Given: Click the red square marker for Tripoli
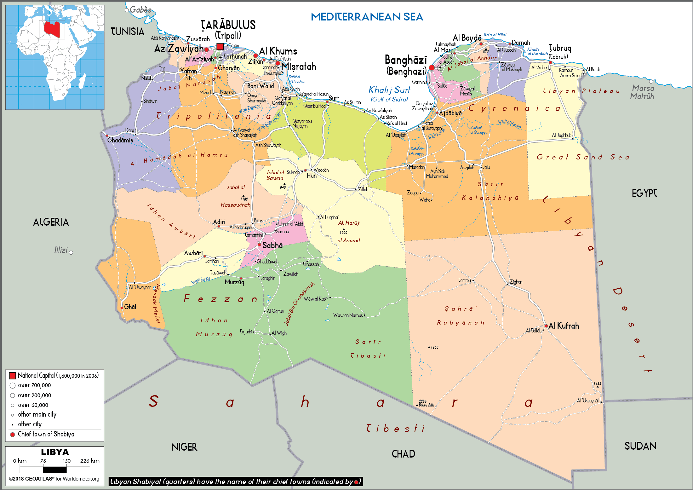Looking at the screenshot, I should [x=220, y=47].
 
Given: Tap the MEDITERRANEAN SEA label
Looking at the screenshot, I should [x=367, y=17].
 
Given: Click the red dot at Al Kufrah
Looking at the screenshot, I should [x=546, y=326].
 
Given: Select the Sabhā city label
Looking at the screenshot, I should [x=272, y=245].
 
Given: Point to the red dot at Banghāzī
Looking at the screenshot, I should [x=432, y=67].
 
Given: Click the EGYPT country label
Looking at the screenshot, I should [x=644, y=193].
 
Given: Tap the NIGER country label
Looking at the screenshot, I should [x=184, y=447].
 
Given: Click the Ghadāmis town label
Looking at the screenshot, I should [x=120, y=140].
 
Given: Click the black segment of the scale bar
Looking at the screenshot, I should [x=55, y=470].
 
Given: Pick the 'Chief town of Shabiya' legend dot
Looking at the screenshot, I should [x=13, y=435].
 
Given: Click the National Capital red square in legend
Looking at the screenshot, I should [x=13, y=376].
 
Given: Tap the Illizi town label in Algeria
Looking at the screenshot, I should [x=61, y=250].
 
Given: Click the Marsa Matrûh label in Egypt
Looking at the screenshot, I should [x=643, y=92].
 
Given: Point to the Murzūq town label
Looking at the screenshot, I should [x=234, y=282].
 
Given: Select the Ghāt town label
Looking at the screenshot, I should [x=130, y=307].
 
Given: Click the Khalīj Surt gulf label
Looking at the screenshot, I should [x=389, y=90].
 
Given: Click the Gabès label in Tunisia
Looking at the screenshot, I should [x=140, y=10].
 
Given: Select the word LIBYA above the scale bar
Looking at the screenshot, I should [x=55, y=452].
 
